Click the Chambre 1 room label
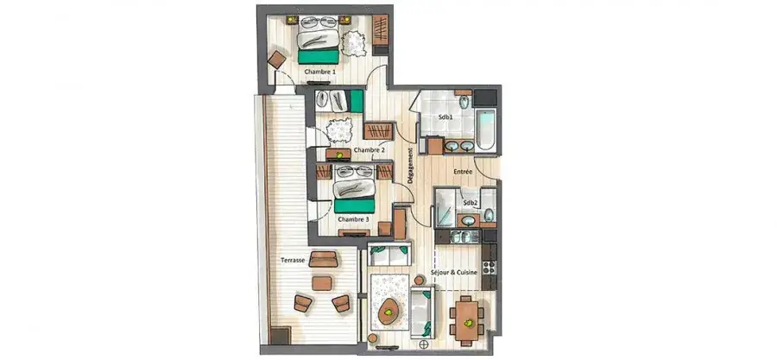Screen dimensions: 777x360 coord(319,72)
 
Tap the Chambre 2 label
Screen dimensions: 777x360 coord(370,150)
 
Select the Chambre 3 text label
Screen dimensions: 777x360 coord(353,218)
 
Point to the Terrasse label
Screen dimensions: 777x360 coord(293,260)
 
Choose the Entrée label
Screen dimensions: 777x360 coord(463,172)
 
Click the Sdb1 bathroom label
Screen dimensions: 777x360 coord(445,117)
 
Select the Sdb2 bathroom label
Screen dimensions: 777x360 coord(470,203)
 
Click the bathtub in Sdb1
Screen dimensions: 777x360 coord(484,129)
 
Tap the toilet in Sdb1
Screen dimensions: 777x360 coord(464,103)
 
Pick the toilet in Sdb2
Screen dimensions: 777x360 coord(489,214)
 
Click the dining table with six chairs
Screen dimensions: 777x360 coord(467,321)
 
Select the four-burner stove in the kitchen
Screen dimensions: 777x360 coord(489,268)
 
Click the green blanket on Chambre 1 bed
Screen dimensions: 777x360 coord(318,56)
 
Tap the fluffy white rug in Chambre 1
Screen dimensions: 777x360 coord(354,43)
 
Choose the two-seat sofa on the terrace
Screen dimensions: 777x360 coord(323,259)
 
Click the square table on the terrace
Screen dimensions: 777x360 coord(322,283)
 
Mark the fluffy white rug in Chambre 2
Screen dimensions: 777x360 coord(339,129)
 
